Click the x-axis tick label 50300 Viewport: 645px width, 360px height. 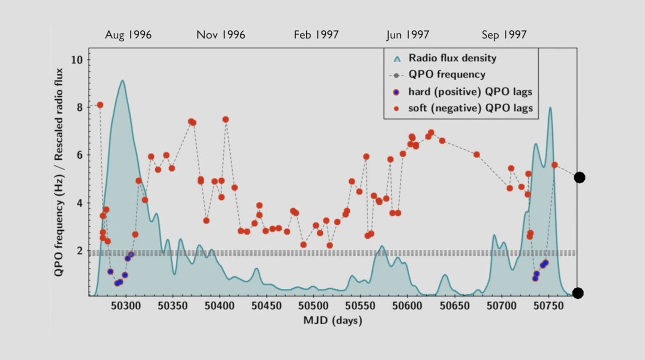tap(125, 306)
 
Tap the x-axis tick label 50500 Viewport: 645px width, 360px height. tap(313, 306)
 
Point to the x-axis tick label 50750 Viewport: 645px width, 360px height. tap(548, 306)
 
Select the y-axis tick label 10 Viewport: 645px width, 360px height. tap(77, 60)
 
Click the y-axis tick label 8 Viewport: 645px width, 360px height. tap(80, 107)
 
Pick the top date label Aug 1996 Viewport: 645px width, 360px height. tap(128, 35)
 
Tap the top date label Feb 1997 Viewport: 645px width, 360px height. tap(316, 35)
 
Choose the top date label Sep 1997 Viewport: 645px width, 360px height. tap(504, 35)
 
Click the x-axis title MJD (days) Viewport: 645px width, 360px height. tap(333, 320)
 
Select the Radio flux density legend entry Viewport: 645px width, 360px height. tap(452, 58)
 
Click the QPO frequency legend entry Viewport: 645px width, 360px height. tap(446, 75)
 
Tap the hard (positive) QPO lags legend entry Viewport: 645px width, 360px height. tap(470, 92)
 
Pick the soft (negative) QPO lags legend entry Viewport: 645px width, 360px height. tap(470, 108)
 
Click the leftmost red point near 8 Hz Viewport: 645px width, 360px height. tap(100, 105)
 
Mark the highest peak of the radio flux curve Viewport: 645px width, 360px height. tap(123, 81)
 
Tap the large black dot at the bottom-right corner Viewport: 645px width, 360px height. tap(578, 293)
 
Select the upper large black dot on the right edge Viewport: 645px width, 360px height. tap(579, 177)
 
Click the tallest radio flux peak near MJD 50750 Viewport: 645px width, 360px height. tap(550, 107)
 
